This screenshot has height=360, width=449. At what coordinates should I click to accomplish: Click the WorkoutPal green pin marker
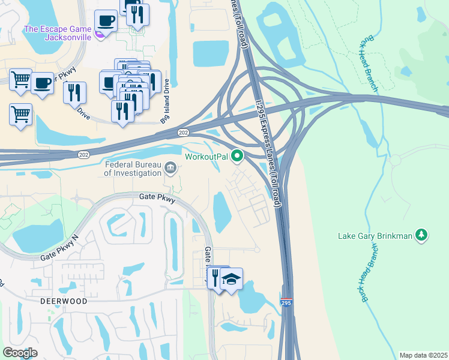[x=237, y=157]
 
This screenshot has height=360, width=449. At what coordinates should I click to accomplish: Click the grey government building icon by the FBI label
[x=171, y=167]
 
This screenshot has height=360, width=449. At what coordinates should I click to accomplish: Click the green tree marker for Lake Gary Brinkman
[x=422, y=235]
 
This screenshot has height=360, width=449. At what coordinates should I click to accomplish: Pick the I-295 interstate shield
[x=286, y=304]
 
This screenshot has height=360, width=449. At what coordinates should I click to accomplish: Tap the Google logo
[x=20, y=352]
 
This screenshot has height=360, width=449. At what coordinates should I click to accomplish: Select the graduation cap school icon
[x=231, y=280]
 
